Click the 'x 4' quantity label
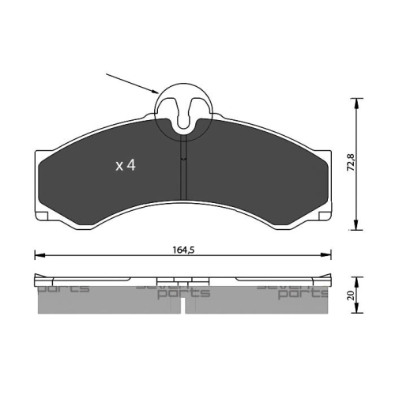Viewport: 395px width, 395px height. pos(126,166)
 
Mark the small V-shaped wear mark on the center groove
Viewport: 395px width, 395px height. pos(183,160)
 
